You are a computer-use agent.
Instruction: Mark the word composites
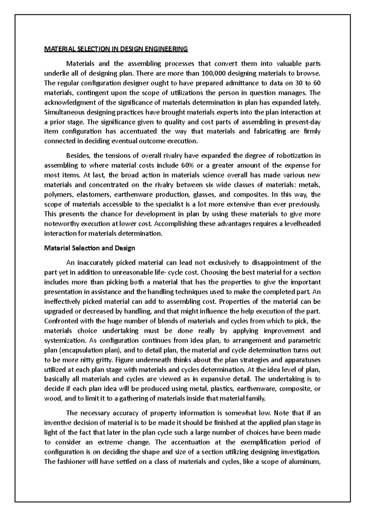click(249, 195)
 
